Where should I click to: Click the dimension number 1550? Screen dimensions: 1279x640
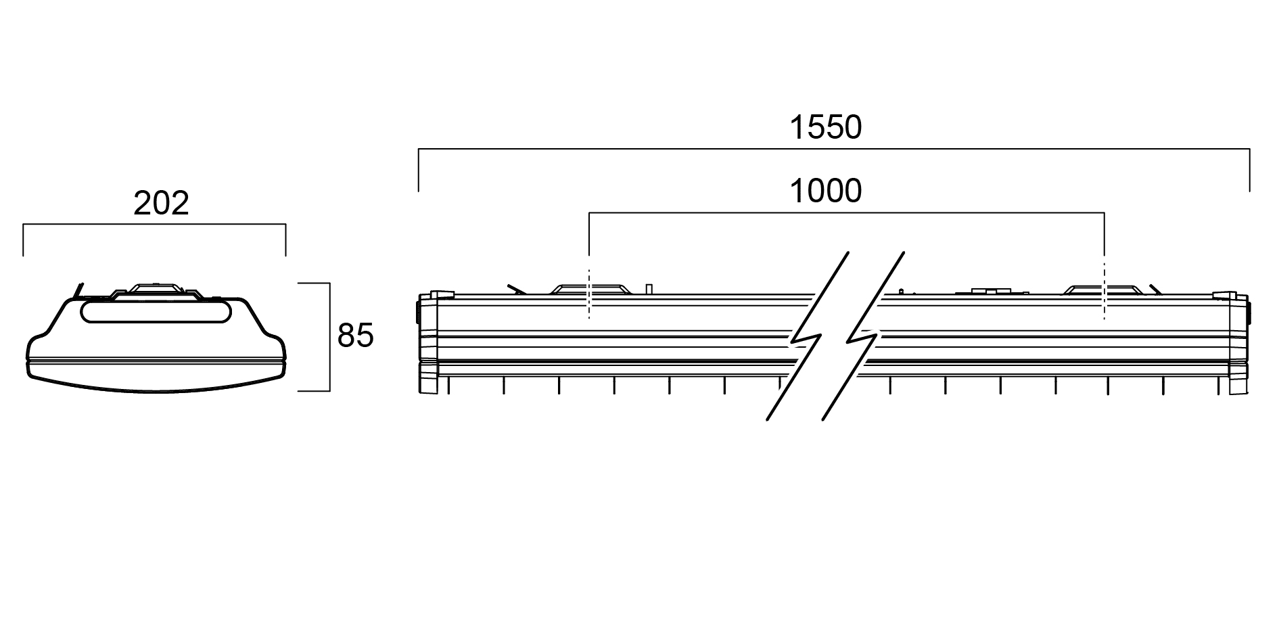(x=826, y=128)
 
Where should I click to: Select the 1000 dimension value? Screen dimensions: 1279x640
(x=826, y=191)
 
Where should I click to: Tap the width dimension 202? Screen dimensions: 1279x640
(x=161, y=204)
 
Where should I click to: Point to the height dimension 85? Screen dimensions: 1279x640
(x=355, y=336)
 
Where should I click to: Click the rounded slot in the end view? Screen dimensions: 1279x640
(x=155, y=312)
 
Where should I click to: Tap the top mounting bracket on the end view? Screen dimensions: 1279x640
(x=156, y=290)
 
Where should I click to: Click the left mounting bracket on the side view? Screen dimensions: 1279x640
(x=590, y=289)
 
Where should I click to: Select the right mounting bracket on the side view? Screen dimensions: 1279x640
(x=1103, y=289)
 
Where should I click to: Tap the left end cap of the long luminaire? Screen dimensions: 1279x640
(x=428, y=343)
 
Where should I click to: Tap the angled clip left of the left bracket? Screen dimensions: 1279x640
(x=517, y=288)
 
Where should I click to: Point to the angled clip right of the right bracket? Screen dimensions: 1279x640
(x=1156, y=288)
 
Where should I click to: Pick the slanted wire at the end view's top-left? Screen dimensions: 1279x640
(x=79, y=290)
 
